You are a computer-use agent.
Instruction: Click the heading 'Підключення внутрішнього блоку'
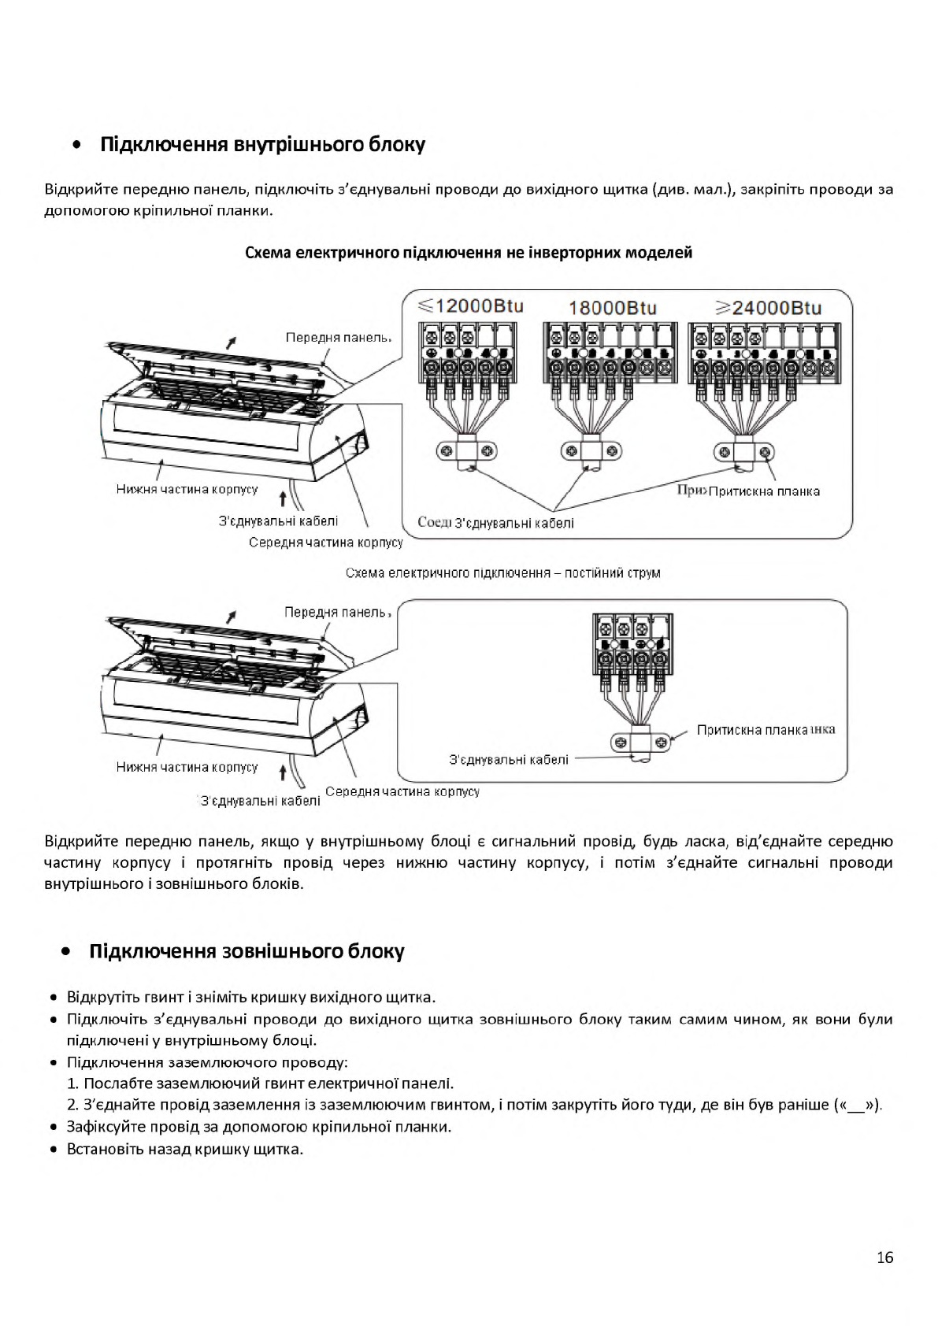pyautogui.click(x=262, y=145)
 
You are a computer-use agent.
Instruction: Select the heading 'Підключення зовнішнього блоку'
pyautogui.click(x=247, y=951)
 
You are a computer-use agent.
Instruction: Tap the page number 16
pyautogui.click(x=884, y=1257)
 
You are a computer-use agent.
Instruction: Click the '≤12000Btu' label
pyautogui.click(x=470, y=306)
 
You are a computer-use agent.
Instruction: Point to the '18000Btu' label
pyautogui.click(x=612, y=307)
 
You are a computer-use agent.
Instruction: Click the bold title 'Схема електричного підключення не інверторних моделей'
pyautogui.click(x=469, y=253)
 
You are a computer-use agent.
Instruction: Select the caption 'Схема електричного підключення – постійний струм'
pyautogui.click(x=502, y=572)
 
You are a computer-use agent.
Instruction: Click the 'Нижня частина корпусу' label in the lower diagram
pyautogui.click(x=187, y=767)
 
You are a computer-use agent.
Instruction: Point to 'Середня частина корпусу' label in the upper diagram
pyautogui.click(x=325, y=543)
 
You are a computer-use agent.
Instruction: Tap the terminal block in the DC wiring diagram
pyautogui.click(x=632, y=643)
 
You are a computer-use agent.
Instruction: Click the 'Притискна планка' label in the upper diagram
pyautogui.click(x=764, y=491)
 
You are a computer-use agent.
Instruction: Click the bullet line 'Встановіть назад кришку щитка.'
pyautogui.click(x=185, y=1149)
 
